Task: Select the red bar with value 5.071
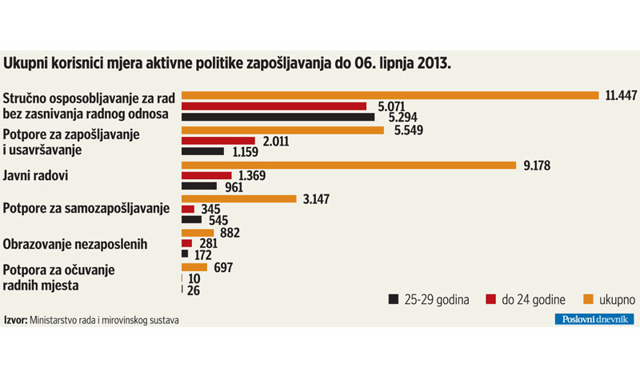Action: [x=274, y=106]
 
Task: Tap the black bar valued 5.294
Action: [x=278, y=118]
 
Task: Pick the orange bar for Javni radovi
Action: [x=349, y=165]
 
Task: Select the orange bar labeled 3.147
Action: [x=239, y=199]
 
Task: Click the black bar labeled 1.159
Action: [x=203, y=151]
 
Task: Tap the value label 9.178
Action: [x=538, y=165]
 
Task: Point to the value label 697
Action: [x=223, y=267]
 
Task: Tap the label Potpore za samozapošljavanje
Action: [x=86, y=210]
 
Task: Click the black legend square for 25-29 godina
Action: [x=393, y=299]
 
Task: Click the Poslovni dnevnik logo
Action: [x=594, y=319]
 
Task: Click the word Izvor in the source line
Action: [x=15, y=320]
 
